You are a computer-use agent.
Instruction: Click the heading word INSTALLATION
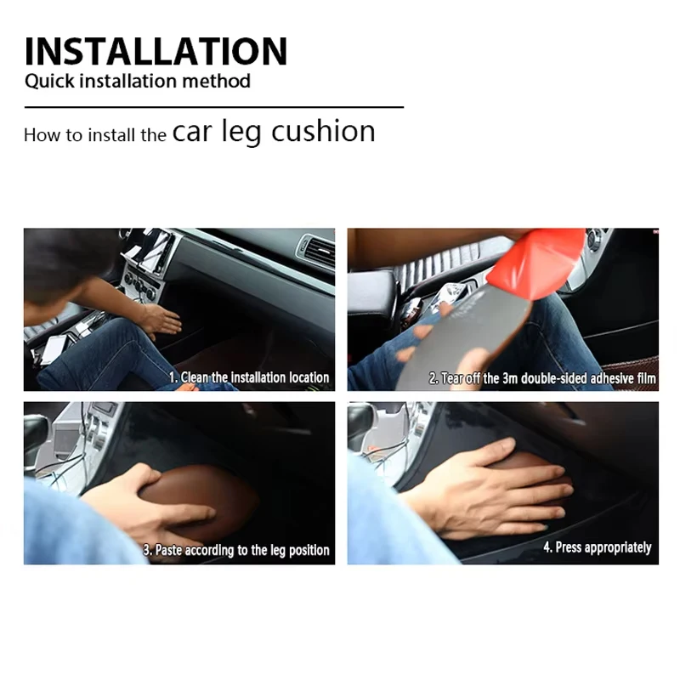click(156, 51)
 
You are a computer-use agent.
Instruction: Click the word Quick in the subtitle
click(49, 82)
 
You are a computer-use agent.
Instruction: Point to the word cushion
click(323, 131)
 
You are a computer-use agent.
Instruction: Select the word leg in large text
click(241, 132)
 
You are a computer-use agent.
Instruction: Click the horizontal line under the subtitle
click(214, 107)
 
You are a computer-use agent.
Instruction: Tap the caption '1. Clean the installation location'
click(249, 377)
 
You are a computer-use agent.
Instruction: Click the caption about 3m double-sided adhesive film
click(542, 378)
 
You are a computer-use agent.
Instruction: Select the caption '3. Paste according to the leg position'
click(236, 550)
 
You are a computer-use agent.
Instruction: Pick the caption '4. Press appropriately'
click(598, 547)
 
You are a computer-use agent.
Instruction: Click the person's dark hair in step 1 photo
click(65, 264)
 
